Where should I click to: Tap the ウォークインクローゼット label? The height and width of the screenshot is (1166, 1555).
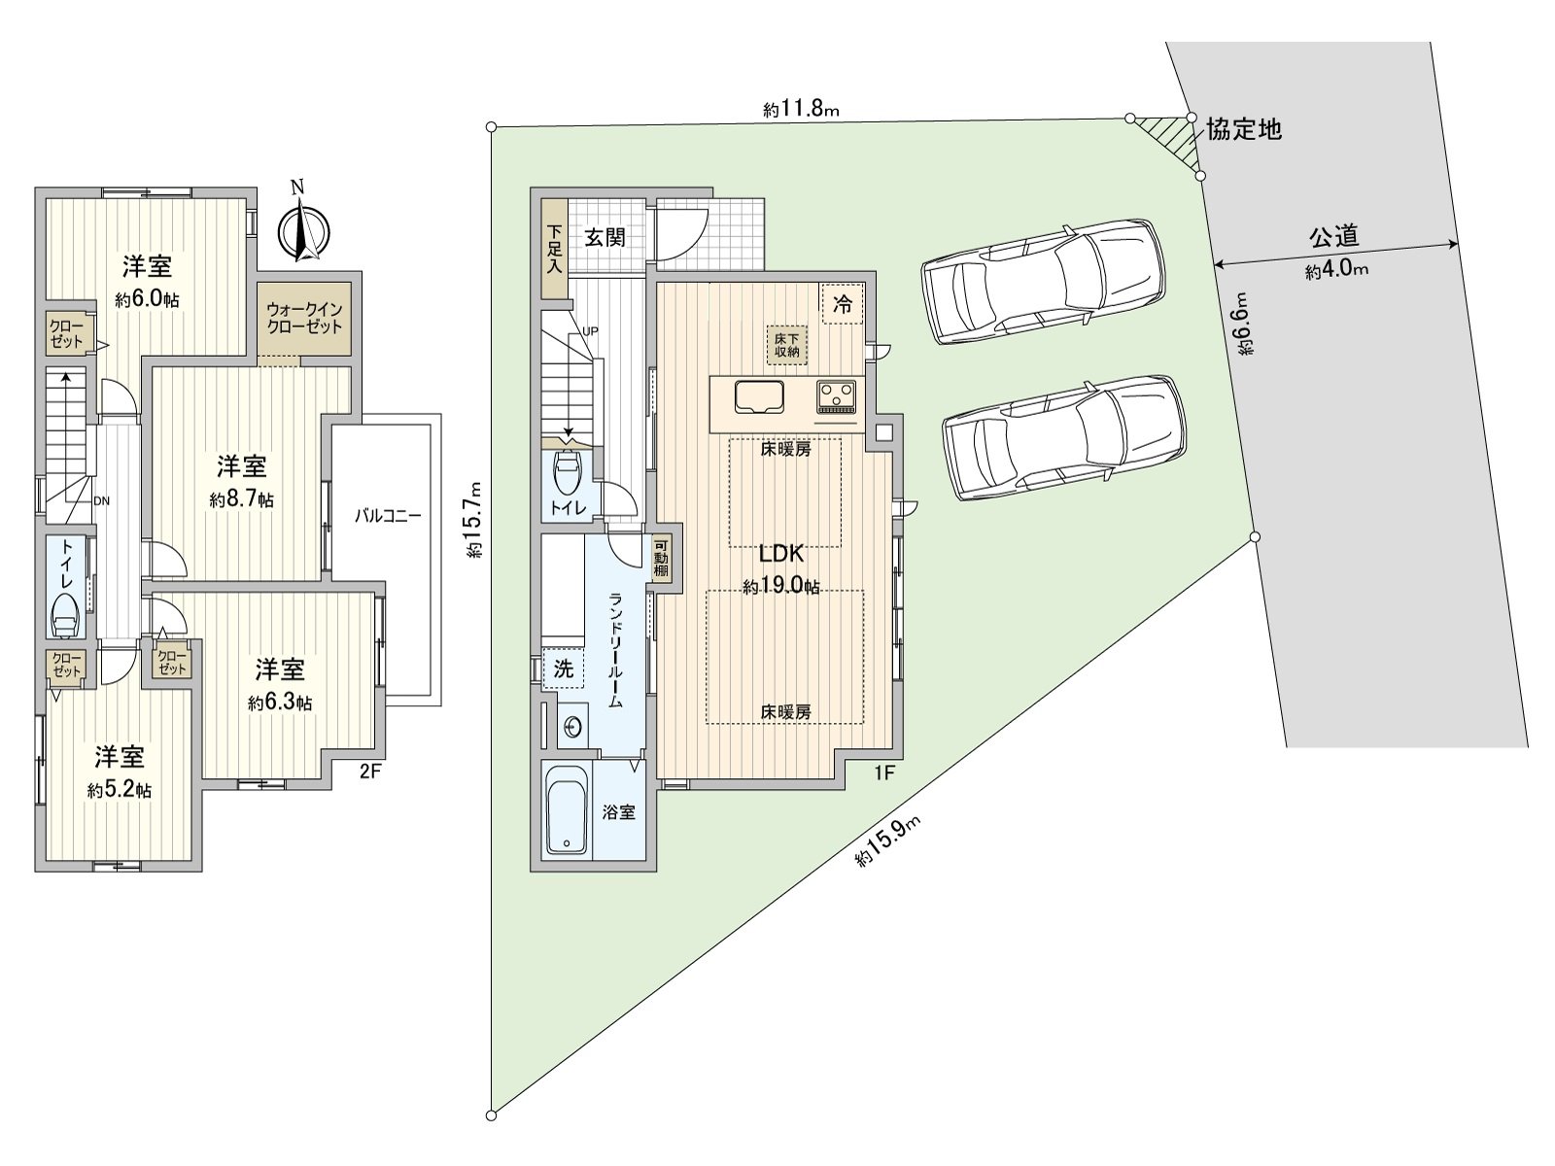(x=304, y=318)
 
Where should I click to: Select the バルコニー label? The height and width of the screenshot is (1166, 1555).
(x=387, y=516)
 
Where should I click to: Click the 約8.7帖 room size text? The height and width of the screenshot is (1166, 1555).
(x=241, y=500)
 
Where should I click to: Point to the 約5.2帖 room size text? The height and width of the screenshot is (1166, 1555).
(x=119, y=791)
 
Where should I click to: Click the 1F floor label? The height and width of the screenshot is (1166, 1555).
(x=884, y=774)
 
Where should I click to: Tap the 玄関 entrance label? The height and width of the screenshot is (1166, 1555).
(x=605, y=237)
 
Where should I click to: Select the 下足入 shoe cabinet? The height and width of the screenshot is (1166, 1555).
(x=554, y=249)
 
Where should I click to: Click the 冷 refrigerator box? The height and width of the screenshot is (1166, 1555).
(x=843, y=303)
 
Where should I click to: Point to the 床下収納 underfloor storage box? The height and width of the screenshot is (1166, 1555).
(x=786, y=344)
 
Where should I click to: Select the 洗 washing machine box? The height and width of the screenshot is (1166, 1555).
(x=564, y=669)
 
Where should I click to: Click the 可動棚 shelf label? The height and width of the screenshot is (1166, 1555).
(x=661, y=559)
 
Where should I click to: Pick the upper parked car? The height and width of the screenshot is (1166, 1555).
(x=1041, y=281)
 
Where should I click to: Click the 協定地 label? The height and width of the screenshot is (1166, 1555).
(x=1243, y=128)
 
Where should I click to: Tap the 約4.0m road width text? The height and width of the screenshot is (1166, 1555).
(x=1336, y=271)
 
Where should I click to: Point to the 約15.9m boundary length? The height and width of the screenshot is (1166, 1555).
(x=886, y=842)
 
